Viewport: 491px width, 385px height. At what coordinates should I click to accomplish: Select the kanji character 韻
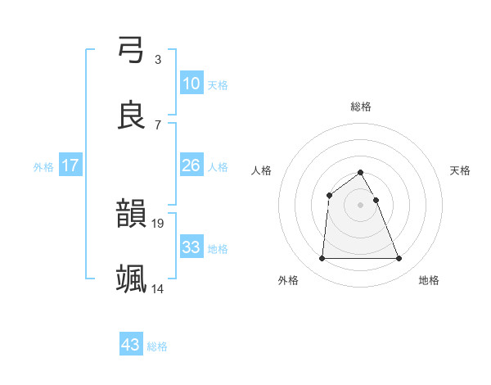(132, 215)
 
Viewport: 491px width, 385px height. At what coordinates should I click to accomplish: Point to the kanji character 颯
(132, 279)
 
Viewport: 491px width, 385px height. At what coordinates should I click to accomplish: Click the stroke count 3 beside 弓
(157, 60)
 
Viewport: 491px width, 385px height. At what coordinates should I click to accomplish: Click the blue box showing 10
(191, 83)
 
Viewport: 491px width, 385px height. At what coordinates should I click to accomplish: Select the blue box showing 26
(191, 165)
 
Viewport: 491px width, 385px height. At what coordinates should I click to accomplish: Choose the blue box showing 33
(191, 247)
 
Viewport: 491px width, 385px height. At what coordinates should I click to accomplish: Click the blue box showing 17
(70, 165)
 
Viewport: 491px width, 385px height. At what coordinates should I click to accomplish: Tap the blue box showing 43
(131, 345)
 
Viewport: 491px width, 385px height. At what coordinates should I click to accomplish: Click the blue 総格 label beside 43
(157, 346)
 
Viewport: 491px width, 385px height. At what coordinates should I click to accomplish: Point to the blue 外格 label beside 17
(43, 167)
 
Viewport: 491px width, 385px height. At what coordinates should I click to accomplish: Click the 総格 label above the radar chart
(361, 106)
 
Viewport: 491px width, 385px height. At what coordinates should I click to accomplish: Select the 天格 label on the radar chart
(461, 170)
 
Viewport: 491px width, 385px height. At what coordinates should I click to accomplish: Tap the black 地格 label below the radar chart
(429, 281)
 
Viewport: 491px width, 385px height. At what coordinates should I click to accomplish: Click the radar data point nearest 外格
(322, 259)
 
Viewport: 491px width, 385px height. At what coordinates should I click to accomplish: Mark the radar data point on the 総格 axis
(361, 172)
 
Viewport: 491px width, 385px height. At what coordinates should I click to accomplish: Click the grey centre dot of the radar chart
(361, 205)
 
